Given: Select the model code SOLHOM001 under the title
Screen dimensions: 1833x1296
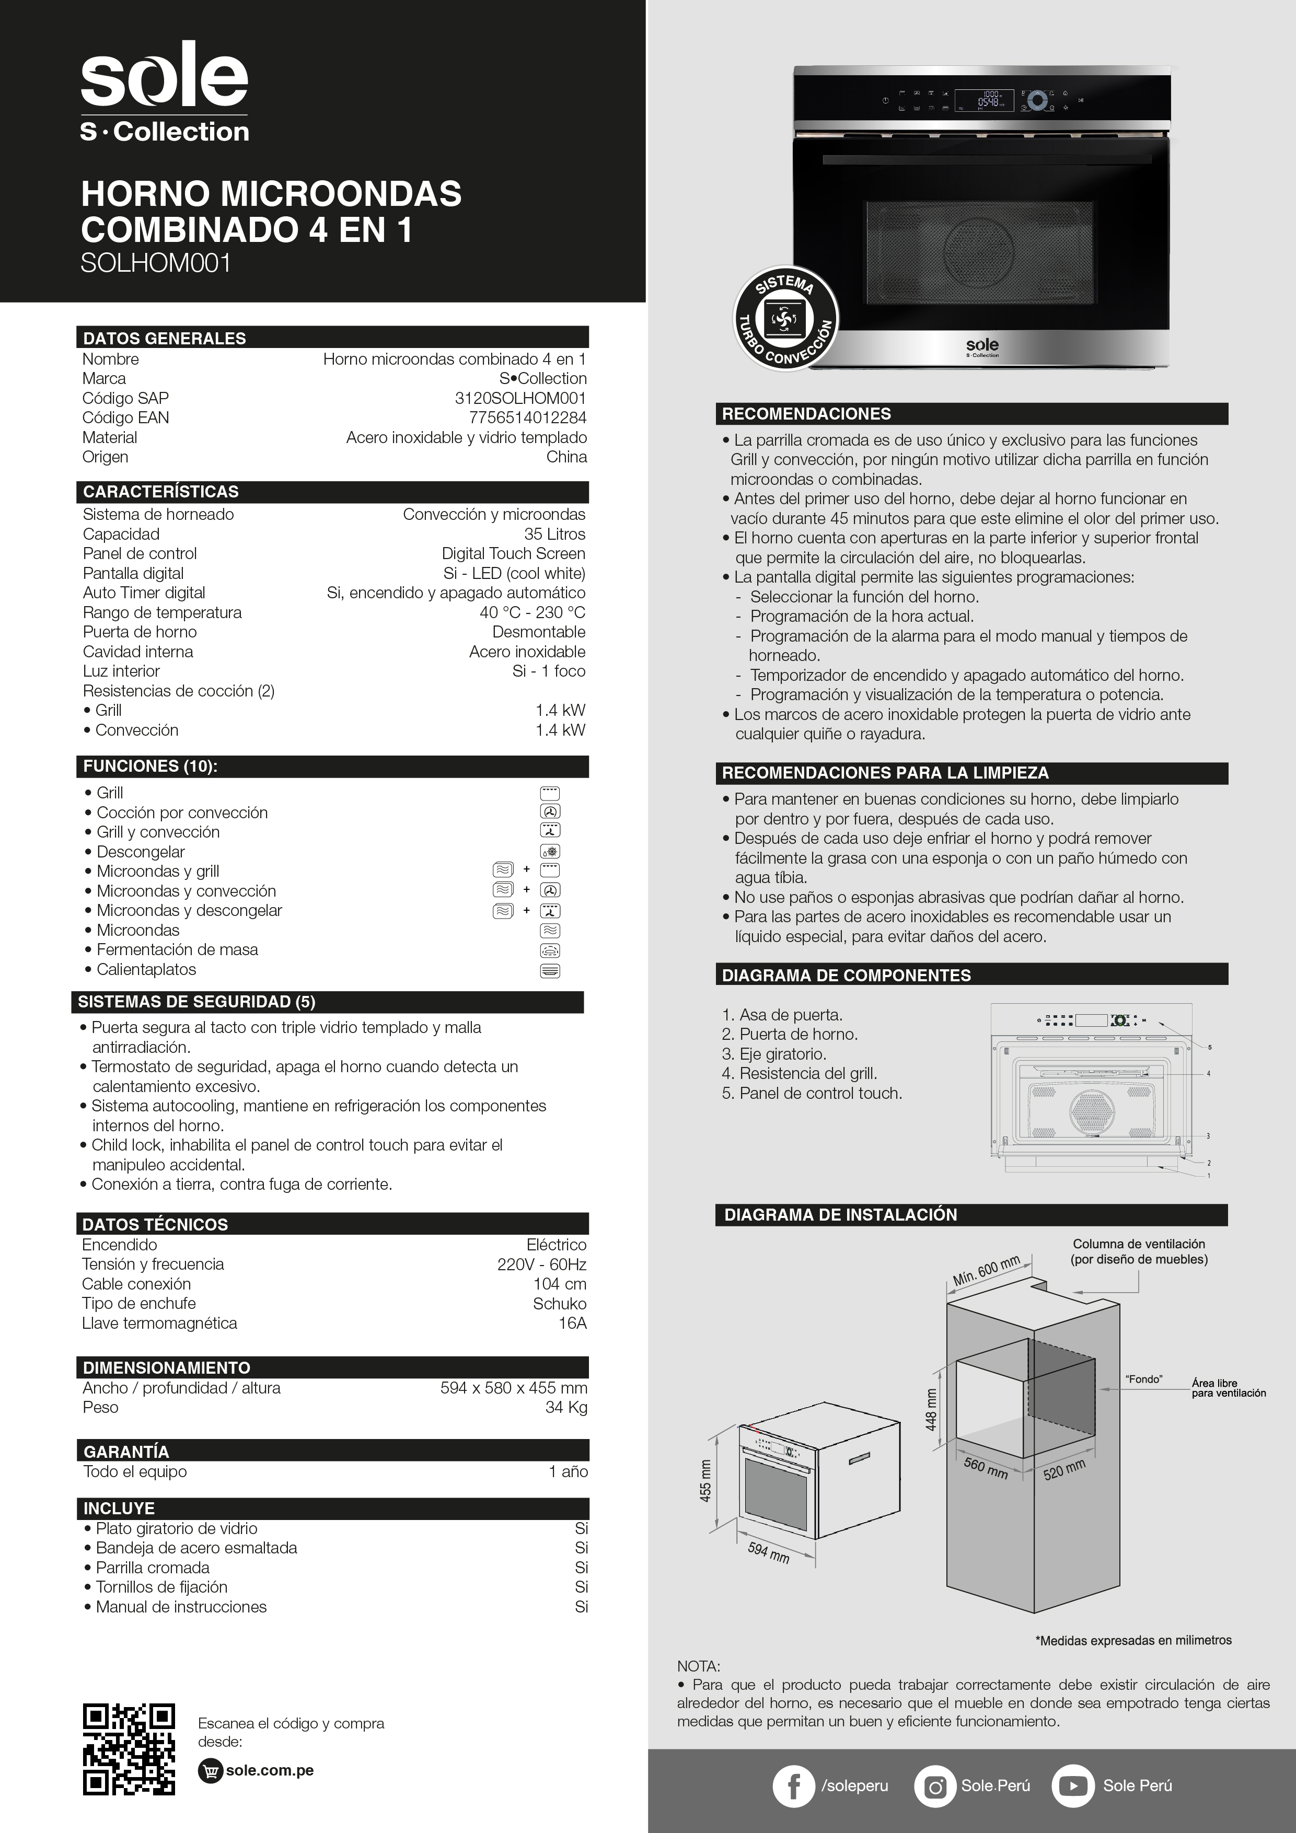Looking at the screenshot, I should point(156,263).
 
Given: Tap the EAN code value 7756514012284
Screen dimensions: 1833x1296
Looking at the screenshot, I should point(527,417).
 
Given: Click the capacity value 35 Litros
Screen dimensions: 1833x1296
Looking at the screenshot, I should point(554,534).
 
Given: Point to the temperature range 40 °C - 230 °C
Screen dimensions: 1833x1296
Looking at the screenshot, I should point(532,612).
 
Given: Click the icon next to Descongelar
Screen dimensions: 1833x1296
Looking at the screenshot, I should point(550,851).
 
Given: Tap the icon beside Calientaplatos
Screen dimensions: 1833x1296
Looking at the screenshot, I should point(550,971).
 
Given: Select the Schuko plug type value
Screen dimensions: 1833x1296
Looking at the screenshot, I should point(559,1304).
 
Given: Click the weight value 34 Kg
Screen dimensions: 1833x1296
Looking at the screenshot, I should point(565,1408).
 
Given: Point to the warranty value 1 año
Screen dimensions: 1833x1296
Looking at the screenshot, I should point(568,1471).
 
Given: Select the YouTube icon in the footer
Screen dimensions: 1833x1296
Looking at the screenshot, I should point(1072,1786).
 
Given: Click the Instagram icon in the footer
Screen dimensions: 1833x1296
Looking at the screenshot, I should point(934,1786).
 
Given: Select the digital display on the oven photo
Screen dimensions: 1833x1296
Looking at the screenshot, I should point(984,101).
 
